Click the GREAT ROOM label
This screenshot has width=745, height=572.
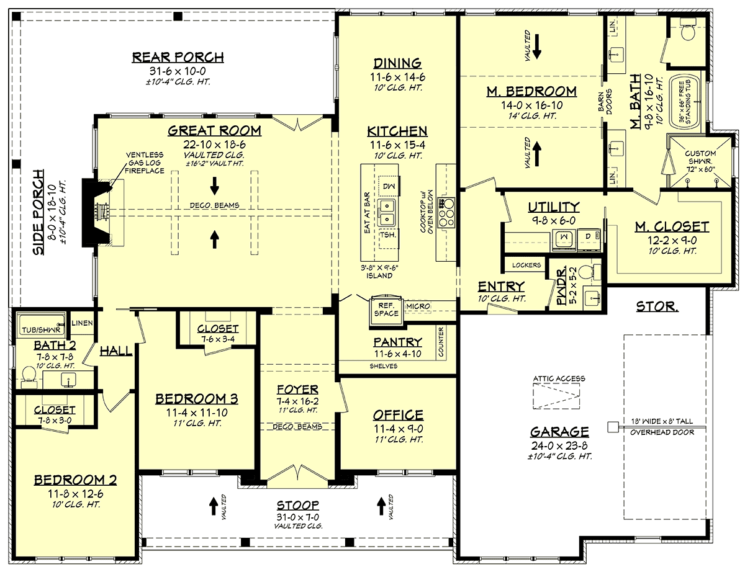tap(215, 130)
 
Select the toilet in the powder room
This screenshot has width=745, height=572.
tap(588, 272)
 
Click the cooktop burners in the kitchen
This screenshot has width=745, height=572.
tap(446, 213)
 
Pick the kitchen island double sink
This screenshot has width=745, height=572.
tap(387, 212)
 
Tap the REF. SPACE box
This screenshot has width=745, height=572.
tap(386, 310)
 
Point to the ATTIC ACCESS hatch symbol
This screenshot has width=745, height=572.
tap(556, 396)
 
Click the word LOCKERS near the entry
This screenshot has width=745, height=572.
tap(526, 265)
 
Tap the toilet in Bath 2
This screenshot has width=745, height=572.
tap(29, 377)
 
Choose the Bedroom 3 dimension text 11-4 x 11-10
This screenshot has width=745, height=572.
tap(197, 413)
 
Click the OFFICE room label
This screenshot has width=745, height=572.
tap(398, 415)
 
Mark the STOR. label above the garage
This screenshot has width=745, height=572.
tap(657, 306)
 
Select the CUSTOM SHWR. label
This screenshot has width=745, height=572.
tap(700, 157)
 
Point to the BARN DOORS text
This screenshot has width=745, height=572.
tap(605, 102)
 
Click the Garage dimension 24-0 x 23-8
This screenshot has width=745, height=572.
tap(559, 445)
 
